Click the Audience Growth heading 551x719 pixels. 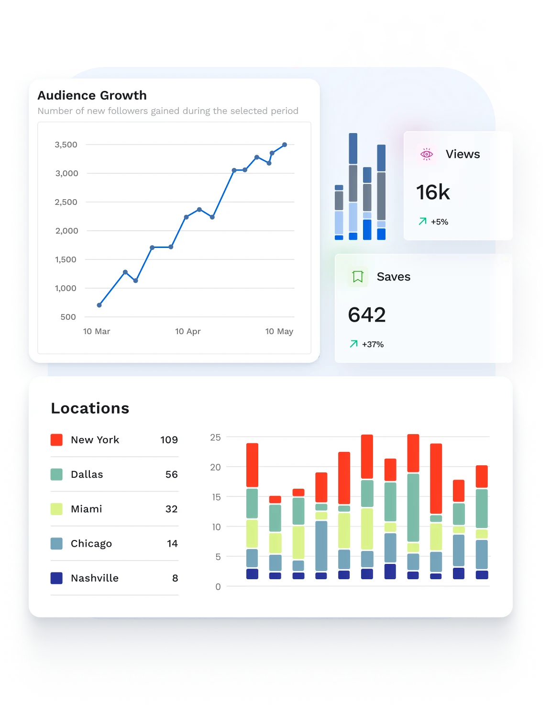(92, 95)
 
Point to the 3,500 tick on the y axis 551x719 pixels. (66, 145)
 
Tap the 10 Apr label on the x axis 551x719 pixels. (187, 331)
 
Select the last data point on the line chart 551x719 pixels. (285, 145)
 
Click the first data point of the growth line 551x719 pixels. (99, 305)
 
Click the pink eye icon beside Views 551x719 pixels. (426, 154)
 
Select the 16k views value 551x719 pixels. (433, 192)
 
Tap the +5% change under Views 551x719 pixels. (439, 222)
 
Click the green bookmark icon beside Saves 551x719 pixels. (358, 277)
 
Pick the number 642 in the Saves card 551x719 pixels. (367, 315)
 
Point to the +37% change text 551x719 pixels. (373, 344)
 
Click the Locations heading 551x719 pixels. (90, 408)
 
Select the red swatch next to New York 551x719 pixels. (56, 440)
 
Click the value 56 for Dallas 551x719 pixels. (171, 474)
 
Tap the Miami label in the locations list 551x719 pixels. (86, 509)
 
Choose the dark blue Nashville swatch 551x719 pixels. (56, 578)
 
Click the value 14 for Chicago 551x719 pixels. (172, 543)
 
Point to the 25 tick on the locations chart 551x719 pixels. (215, 437)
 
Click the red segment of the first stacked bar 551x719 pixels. (252, 465)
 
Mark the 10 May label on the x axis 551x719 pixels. (279, 331)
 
